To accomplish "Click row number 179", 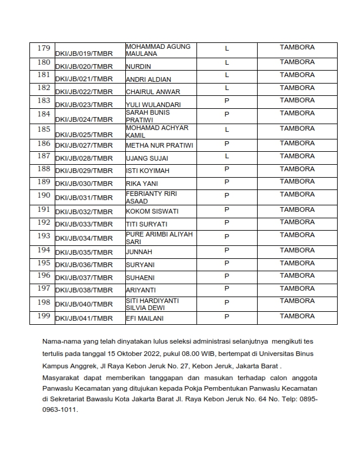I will tap(44, 48).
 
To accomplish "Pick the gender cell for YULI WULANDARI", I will tap(226, 101).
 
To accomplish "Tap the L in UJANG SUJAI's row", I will tap(226, 156).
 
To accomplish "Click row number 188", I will tap(44, 169).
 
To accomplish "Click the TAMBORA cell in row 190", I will tap(297, 194).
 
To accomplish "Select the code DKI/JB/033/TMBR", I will tap(84, 225).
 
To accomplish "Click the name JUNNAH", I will tap(139, 251).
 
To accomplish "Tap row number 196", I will tap(44, 275).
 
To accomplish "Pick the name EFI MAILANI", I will tap(145, 318).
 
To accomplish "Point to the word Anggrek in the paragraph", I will tap(86, 365).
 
